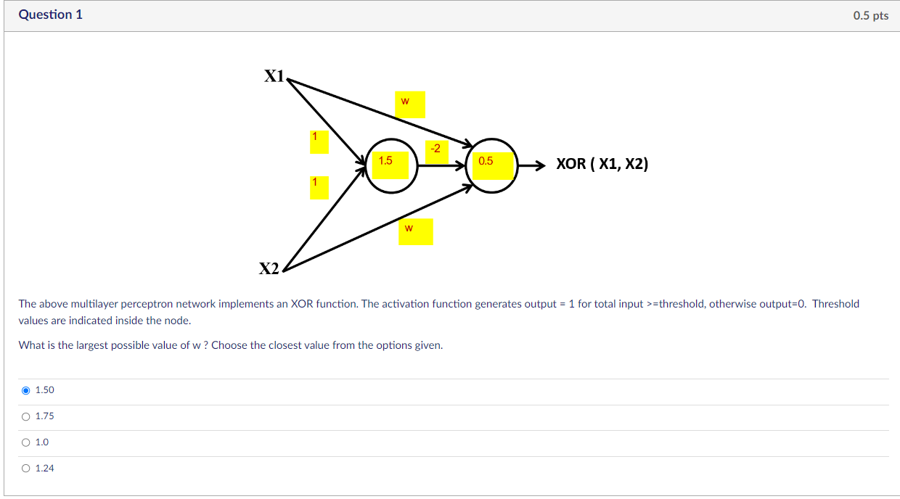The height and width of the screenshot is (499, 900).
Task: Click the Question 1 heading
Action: [x=51, y=15]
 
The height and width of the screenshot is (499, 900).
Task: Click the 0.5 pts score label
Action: [x=870, y=16]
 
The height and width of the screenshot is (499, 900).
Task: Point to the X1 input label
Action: [x=274, y=76]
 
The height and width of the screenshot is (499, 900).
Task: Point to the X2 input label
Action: [x=269, y=269]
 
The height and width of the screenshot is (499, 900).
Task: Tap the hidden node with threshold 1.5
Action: [x=392, y=165]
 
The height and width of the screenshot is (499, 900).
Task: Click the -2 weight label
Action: [x=435, y=149]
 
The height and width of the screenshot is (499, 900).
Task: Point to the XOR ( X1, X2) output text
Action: [x=602, y=164]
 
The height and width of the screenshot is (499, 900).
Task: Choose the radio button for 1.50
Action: [x=26, y=390]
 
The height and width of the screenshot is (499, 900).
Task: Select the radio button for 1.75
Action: [x=26, y=416]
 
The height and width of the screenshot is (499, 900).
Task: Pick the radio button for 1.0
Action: [x=26, y=442]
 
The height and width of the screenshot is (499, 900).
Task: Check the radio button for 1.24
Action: [x=26, y=469]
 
